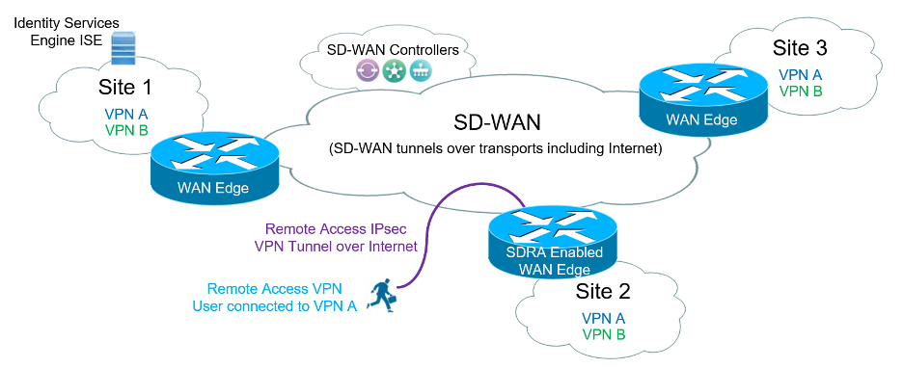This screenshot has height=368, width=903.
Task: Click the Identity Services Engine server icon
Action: tap(122, 46)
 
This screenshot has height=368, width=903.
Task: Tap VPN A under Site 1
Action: tap(126, 113)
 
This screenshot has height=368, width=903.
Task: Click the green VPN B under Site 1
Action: tap(126, 128)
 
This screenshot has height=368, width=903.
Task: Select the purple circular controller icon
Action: tap(369, 69)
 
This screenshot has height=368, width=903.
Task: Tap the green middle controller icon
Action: tap(395, 69)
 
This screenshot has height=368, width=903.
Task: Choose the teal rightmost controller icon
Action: tap(421, 69)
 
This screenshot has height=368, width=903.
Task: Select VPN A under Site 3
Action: tap(800, 74)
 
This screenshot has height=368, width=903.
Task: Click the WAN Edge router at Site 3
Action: tap(702, 97)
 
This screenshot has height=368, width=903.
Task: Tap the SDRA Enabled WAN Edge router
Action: tap(554, 236)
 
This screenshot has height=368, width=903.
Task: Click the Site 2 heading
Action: tap(603, 290)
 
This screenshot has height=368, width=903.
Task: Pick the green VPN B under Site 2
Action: tap(603, 334)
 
